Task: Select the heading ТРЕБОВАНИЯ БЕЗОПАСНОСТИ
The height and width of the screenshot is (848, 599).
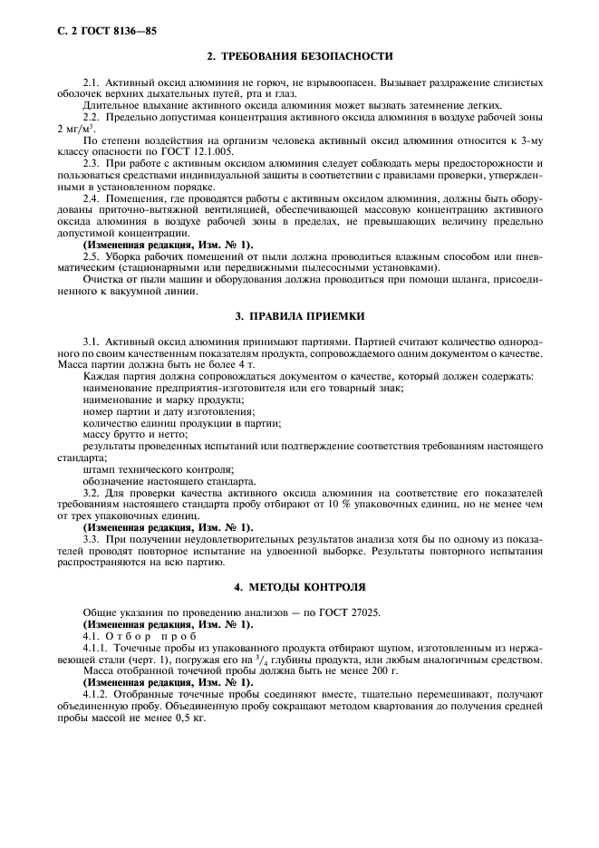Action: point(300,57)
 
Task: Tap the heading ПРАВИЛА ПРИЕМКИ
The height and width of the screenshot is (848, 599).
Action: point(300,317)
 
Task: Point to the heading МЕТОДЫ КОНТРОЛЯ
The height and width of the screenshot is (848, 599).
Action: point(300,587)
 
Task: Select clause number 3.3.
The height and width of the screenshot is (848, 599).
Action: point(92,539)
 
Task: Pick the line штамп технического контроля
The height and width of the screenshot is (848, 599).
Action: point(158,469)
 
